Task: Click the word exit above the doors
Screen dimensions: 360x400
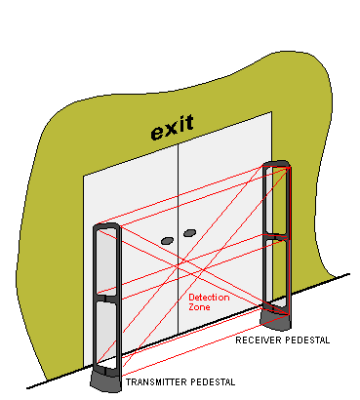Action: click(x=173, y=127)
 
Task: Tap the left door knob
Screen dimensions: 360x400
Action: click(x=167, y=241)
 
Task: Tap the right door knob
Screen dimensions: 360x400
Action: click(x=189, y=233)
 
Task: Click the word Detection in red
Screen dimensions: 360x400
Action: click(x=209, y=298)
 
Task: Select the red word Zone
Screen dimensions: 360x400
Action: click(x=199, y=307)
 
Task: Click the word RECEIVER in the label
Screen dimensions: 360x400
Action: click(x=258, y=340)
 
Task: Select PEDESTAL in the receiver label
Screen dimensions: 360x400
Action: click(x=306, y=340)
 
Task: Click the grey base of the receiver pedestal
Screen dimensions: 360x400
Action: click(x=276, y=319)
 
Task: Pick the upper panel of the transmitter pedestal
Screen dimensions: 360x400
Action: click(x=106, y=261)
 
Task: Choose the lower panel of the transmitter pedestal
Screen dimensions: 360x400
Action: click(x=106, y=334)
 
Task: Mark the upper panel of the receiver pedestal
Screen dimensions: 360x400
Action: click(x=277, y=201)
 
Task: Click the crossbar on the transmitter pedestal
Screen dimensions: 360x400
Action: click(x=107, y=299)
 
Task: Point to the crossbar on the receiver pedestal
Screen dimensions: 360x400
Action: click(x=277, y=237)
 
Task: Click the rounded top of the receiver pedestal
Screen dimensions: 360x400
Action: click(x=276, y=164)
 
